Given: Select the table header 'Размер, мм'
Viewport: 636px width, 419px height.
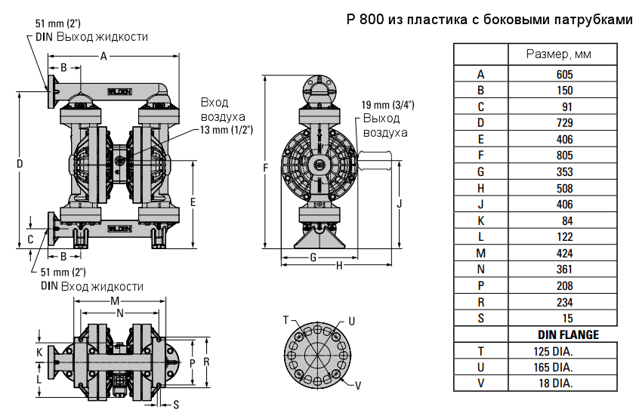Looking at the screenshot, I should click(x=558, y=55).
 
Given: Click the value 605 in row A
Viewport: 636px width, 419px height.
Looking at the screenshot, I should click(x=564, y=75).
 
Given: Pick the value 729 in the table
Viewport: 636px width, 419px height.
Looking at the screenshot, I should click(x=564, y=123).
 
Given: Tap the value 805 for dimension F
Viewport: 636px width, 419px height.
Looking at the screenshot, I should click(x=564, y=156).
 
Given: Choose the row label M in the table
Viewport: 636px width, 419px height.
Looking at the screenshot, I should click(x=480, y=253).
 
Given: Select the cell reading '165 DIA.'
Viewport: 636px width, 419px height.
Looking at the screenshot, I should click(x=553, y=367).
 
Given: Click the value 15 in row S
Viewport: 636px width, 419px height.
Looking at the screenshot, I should click(x=567, y=318).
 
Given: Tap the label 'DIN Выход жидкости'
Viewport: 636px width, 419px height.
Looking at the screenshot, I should click(x=91, y=36).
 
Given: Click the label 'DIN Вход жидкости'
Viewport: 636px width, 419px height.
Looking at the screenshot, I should click(x=91, y=286).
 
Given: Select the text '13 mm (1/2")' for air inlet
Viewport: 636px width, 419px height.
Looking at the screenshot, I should click(x=226, y=130).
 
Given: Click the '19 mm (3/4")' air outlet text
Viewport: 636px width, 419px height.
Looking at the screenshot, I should click(x=387, y=105).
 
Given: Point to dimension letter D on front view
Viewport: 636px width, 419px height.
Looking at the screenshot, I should click(x=20, y=165).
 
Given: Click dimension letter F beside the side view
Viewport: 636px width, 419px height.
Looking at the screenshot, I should click(x=265, y=167).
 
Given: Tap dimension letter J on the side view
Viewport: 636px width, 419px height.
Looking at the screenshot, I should click(x=399, y=203).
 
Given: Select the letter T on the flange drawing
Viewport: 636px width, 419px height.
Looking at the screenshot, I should click(x=286, y=320).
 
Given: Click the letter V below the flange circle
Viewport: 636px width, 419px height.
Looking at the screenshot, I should click(x=358, y=386).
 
